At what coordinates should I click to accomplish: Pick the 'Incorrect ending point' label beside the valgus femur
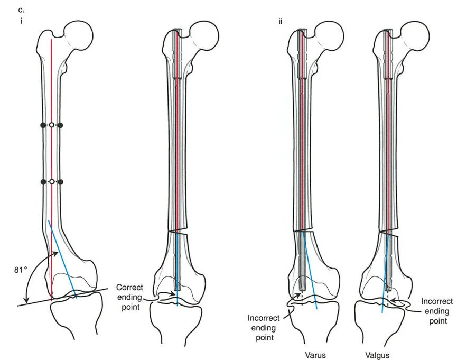click(x=437, y=311)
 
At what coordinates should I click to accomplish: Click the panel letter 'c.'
click(x=21, y=10)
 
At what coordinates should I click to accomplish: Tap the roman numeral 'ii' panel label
click(x=280, y=22)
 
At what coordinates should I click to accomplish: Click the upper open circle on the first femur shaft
click(x=51, y=125)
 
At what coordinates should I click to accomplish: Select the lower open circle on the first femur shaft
click(x=51, y=182)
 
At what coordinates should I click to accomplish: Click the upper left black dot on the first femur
click(x=43, y=125)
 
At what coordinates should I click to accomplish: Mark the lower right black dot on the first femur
click(x=60, y=182)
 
